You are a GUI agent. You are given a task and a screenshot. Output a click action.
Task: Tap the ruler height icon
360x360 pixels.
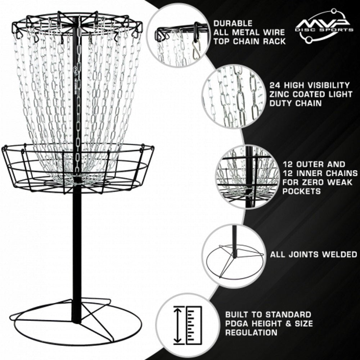coord(187,325)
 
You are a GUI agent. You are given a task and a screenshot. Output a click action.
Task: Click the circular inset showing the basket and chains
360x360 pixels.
coord(247,176)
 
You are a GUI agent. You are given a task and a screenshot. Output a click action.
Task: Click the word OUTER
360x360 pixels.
coord(309,164)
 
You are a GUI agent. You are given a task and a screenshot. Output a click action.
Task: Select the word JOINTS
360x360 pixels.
coord(302,255)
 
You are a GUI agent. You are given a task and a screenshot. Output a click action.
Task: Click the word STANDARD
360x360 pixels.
coord(288,315)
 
